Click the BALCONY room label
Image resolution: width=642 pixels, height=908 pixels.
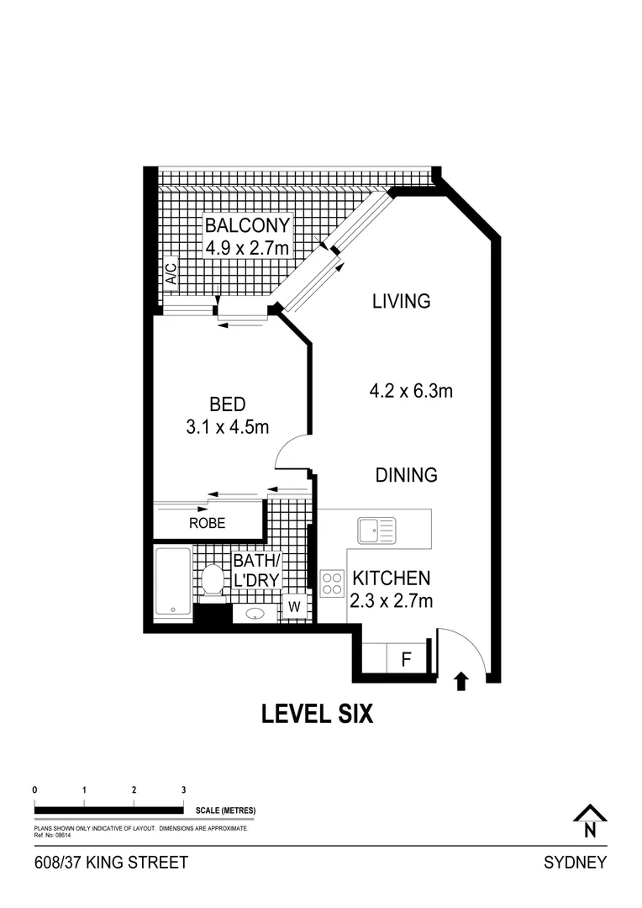(x=248, y=225)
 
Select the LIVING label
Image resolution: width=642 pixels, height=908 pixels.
(x=402, y=301)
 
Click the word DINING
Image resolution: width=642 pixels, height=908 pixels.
(x=406, y=475)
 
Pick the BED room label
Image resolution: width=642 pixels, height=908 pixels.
(x=227, y=405)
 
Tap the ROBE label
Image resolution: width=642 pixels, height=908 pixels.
(x=207, y=522)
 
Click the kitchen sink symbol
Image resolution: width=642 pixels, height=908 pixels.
(x=376, y=531)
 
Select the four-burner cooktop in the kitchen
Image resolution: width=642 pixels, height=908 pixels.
(x=332, y=582)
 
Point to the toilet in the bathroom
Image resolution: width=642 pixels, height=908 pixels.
(x=213, y=581)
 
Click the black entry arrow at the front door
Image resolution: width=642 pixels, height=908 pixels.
(x=460, y=681)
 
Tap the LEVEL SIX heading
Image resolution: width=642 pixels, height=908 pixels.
(x=317, y=714)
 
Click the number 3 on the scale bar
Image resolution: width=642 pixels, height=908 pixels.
(x=183, y=790)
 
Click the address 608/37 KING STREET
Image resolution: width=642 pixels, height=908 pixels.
(x=111, y=863)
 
